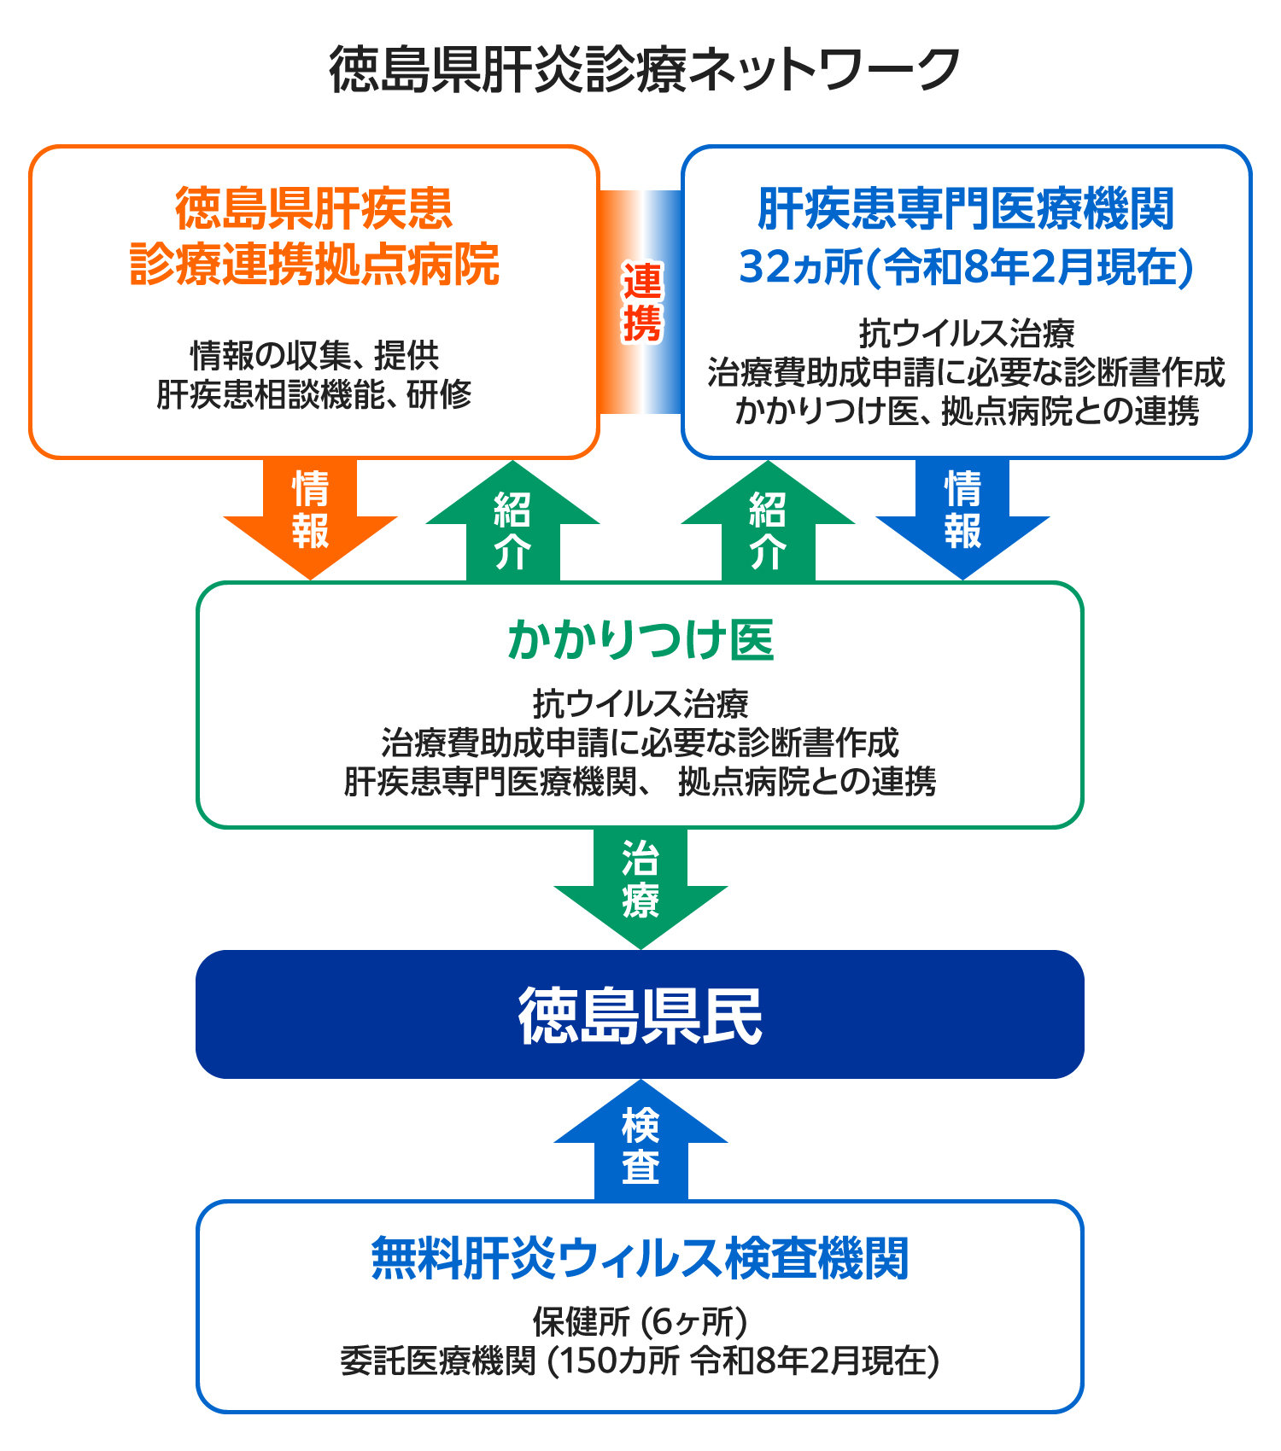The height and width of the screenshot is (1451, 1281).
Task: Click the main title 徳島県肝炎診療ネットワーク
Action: coord(645,70)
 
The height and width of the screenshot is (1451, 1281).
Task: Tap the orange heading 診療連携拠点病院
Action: coord(314,265)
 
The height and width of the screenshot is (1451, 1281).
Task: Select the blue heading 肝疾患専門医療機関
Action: coord(966,209)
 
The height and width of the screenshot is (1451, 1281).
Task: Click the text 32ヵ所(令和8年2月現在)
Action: coord(966,267)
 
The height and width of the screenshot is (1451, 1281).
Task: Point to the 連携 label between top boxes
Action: coord(641,302)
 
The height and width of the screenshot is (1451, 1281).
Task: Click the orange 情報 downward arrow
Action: coord(310,512)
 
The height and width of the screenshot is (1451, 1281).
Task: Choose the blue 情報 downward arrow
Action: coord(962,512)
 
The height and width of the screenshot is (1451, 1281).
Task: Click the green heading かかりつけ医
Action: coord(640,640)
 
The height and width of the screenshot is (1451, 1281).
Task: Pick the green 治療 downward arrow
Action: coord(640,883)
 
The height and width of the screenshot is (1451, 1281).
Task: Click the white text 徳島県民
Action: coord(640,1016)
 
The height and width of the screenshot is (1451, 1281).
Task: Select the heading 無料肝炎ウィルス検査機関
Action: coord(640,1258)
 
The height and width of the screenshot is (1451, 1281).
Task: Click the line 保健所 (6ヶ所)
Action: coord(640,1321)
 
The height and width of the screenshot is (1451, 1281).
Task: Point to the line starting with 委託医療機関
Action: coord(640,1361)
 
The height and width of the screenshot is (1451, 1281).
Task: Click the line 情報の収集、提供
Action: coord(314,354)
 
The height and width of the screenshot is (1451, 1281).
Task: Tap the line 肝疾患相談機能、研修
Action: coord(314,394)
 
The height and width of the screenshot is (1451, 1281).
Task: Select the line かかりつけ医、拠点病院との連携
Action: coord(966,411)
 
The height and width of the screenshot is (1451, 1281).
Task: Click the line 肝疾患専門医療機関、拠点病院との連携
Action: coord(640,782)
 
